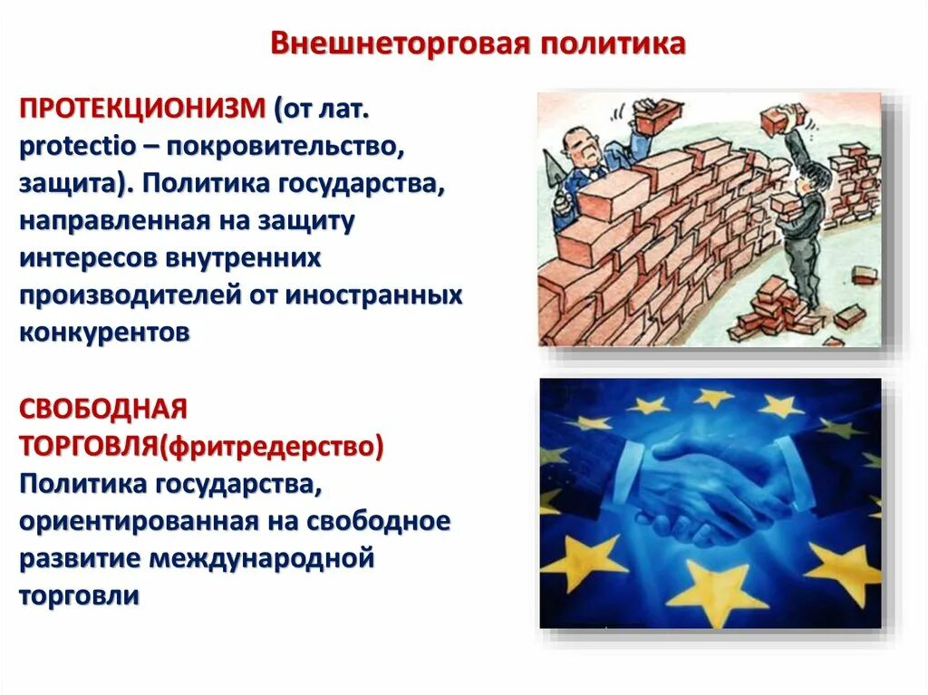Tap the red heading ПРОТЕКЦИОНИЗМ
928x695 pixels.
click(x=142, y=111)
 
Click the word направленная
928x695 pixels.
click(x=116, y=221)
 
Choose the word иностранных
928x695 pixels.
click(x=374, y=295)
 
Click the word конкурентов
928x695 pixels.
click(x=104, y=333)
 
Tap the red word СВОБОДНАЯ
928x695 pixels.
click(x=103, y=409)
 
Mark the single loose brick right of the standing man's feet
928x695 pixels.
click(x=849, y=316)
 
